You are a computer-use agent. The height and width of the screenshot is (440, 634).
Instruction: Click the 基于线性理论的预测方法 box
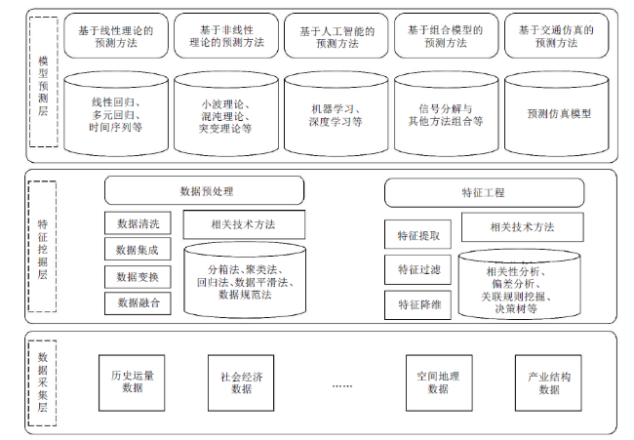click(116, 35)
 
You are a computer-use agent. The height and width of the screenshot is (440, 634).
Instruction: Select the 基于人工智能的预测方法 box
click(336, 35)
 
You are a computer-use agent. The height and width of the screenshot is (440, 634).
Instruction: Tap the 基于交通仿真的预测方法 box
click(556, 35)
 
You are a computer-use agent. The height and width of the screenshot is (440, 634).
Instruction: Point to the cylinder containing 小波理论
click(226, 114)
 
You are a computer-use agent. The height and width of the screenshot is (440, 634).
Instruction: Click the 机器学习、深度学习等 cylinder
click(336, 114)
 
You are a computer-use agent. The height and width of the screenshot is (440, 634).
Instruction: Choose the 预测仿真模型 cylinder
click(556, 114)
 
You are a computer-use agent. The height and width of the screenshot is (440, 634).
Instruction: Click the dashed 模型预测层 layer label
click(44, 82)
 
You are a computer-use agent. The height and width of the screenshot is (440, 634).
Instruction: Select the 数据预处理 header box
click(204, 190)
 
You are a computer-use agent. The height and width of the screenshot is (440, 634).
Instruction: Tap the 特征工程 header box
click(484, 192)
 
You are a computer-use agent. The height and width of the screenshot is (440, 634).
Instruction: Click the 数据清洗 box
click(138, 222)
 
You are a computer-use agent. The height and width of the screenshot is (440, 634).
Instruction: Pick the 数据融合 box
click(138, 303)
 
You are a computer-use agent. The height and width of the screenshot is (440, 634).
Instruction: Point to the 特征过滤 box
click(417, 269)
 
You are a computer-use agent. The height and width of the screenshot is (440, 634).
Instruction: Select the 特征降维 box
click(417, 304)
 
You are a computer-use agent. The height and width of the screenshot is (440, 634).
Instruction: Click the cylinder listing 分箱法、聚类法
click(245, 280)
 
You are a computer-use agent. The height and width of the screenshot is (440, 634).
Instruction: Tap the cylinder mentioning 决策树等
click(519, 284)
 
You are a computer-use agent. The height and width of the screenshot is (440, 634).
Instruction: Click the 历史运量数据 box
click(132, 383)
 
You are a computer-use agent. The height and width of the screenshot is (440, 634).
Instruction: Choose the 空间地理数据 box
click(439, 383)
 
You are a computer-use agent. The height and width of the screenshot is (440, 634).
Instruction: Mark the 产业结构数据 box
click(548, 383)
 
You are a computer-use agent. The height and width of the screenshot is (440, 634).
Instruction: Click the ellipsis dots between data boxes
click(342, 386)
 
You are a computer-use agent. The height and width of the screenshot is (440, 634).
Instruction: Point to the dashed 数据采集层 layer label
click(43, 383)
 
